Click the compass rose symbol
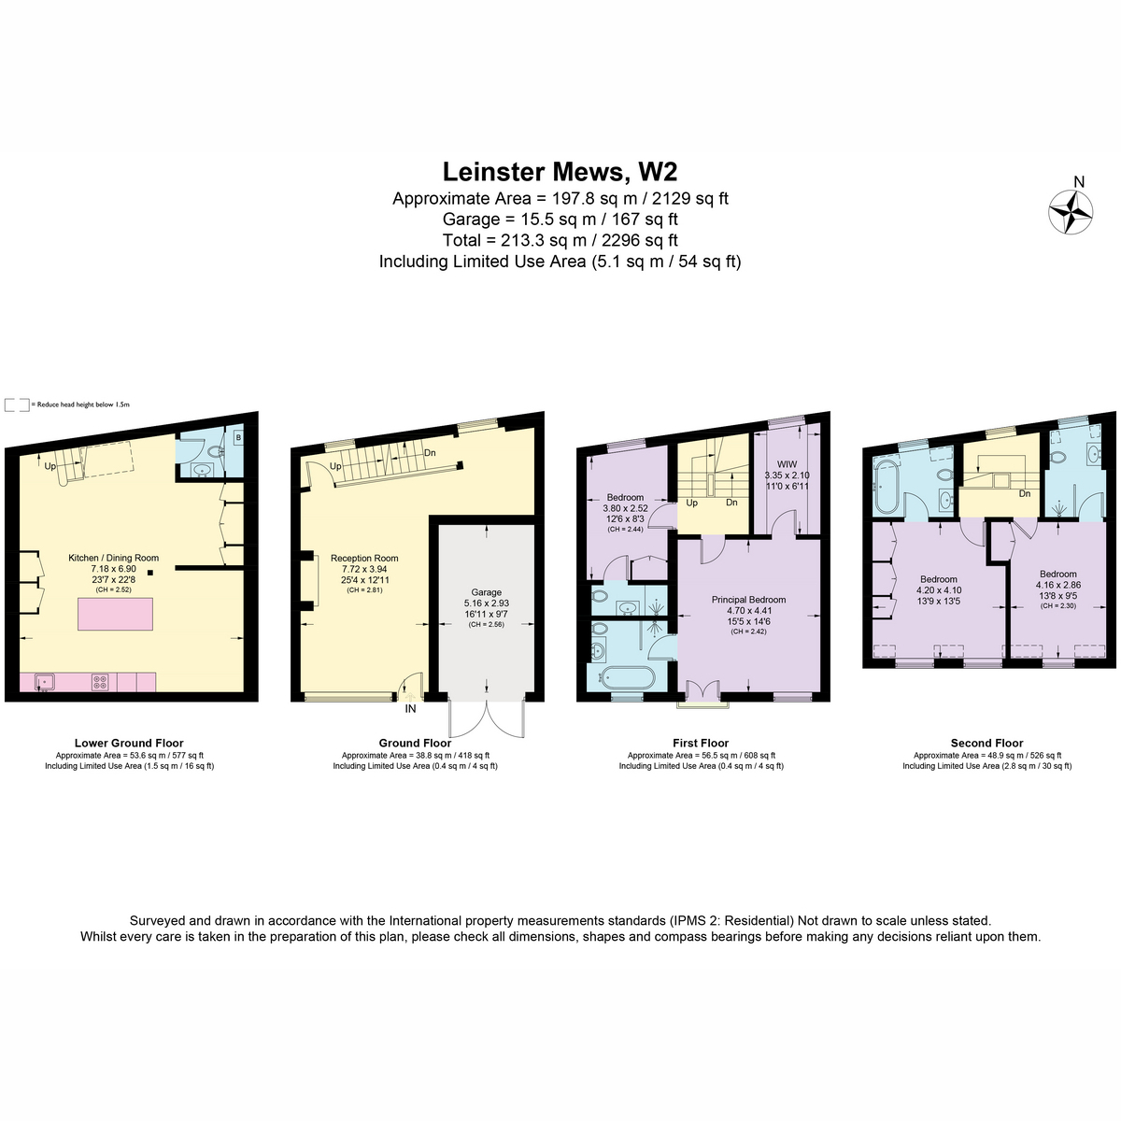pyautogui.click(x=1071, y=212)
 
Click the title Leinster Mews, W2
pyautogui.click(x=560, y=172)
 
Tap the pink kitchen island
pyautogui.click(x=115, y=614)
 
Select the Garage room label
pyautogui.click(x=486, y=592)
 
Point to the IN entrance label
pyautogui.click(x=410, y=708)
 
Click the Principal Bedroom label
pyautogui.click(x=748, y=600)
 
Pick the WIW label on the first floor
pyautogui.click(x=787, y=464)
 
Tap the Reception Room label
pyautogui.click(x=364, y=558)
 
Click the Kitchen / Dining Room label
pyautogui.click(x=113, y=558)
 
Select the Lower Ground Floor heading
pyautogui.click(x=129, y=743)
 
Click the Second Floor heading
pyautogui.click(x=986, y=743)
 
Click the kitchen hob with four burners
pyautogui.click(x=100, y=682)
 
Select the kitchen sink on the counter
pyautogui.click(x=44, y=681)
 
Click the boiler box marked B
pyautogui.click(x=238, y=437)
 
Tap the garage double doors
pyautogui.click(x=487, y=717)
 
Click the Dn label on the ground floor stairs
pyautogui.click(x=430, y=452)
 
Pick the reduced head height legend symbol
pyautogui.click(x=17, y=404)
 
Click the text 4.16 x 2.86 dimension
pyautogui.click(x=1058, y=585)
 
